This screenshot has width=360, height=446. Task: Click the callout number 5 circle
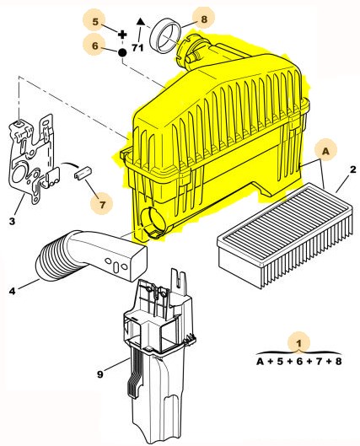(94, 22)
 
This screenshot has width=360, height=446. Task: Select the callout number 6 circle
(94, 46)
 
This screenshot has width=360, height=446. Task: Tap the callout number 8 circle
(204, 19)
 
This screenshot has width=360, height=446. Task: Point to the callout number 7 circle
(102, 204)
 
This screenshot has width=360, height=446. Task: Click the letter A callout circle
(326, 150)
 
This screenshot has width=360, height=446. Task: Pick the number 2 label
(352, 169)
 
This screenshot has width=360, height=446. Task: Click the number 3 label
(12, 221)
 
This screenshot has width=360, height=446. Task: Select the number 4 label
(13, 291)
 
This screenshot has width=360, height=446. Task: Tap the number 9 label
(99, 374)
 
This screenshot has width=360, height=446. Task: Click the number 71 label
(137, 47)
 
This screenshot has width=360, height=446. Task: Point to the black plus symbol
(122, 35)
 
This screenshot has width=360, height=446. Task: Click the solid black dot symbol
(122, 52)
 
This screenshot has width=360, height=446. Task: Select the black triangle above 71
(141, 21)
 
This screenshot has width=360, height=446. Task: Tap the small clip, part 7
(83, 173)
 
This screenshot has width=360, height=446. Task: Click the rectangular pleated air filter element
(285, 234)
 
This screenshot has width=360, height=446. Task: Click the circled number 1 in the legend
(298, 343)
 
